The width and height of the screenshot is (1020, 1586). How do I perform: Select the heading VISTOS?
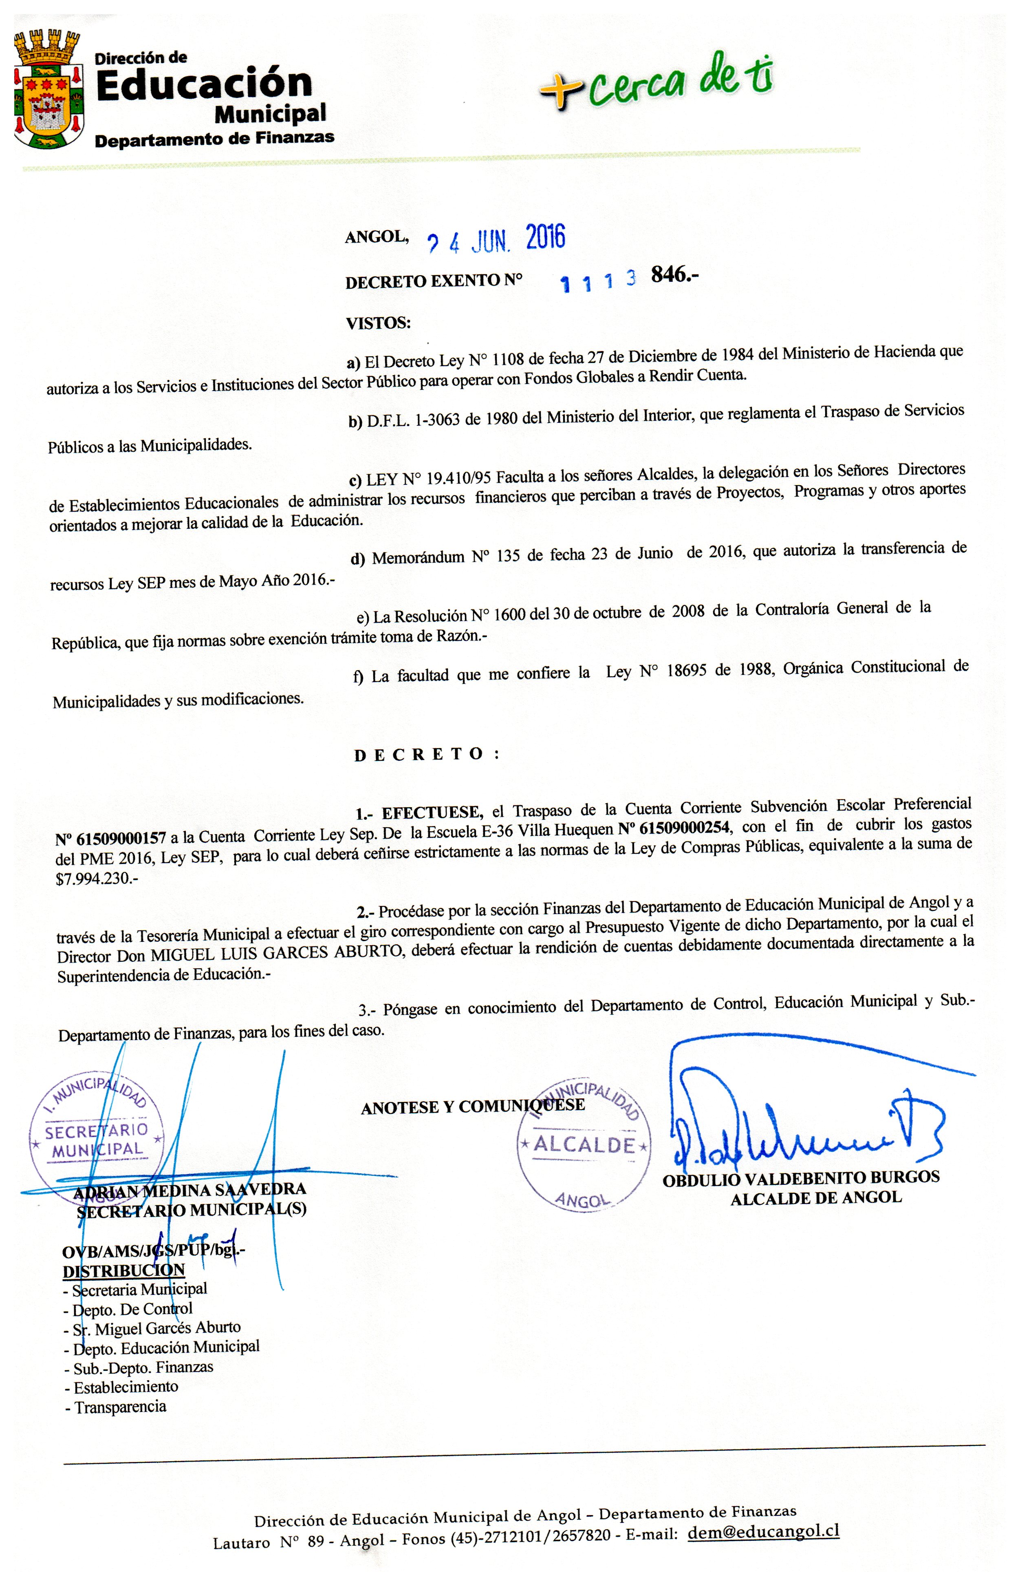pyautogui.click(x=378, y=323)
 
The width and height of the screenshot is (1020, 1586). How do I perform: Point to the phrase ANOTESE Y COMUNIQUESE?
pyautogui.click(x=472, y=1107)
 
